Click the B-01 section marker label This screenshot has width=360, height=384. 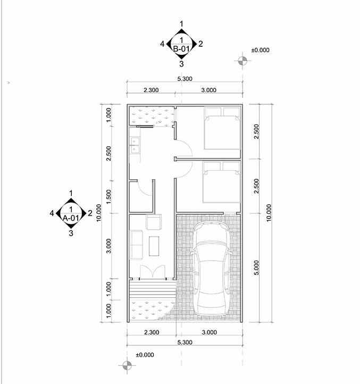point(182,48)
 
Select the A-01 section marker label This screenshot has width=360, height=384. point(71,218)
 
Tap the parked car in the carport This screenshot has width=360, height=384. point(212,268)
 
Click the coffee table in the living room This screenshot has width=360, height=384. point(155,245)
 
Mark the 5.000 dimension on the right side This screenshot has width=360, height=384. point(256,268)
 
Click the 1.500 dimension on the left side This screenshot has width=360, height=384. point(108,197)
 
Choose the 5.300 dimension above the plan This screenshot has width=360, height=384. point(185,79)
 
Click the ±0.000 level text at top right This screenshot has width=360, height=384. point(261,50)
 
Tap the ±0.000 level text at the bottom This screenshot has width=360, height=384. point(145,355)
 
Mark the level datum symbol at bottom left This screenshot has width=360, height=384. point(127,365)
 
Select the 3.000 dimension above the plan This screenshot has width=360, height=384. point(208,90)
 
